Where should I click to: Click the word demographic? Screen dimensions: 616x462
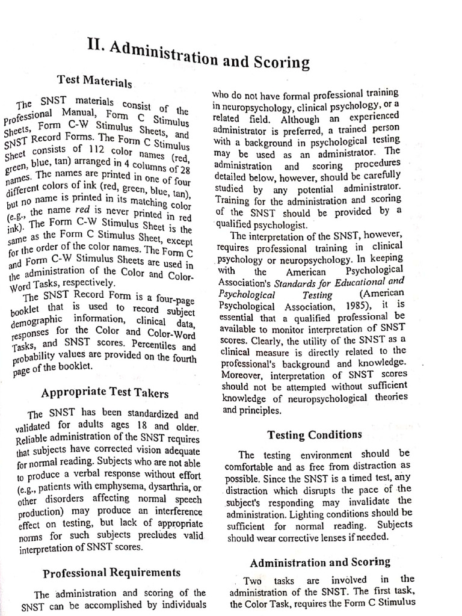click(x=40, y=322)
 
